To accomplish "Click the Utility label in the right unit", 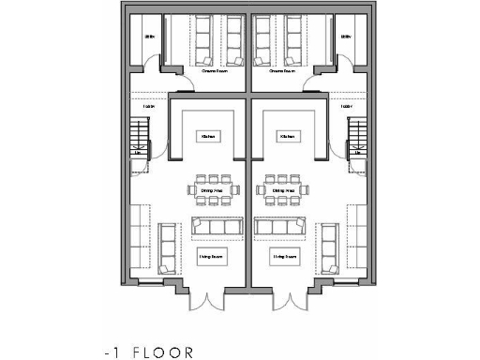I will click(x=346, y=37).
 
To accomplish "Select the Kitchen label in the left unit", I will click(x=208, y=137).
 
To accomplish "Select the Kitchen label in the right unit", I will click(x=286, y=137).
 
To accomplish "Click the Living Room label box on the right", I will click(x=285, y=255).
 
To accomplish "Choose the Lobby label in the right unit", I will click(x=346, y=107).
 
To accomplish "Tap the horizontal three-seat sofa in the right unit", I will click(x=278, y=227).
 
